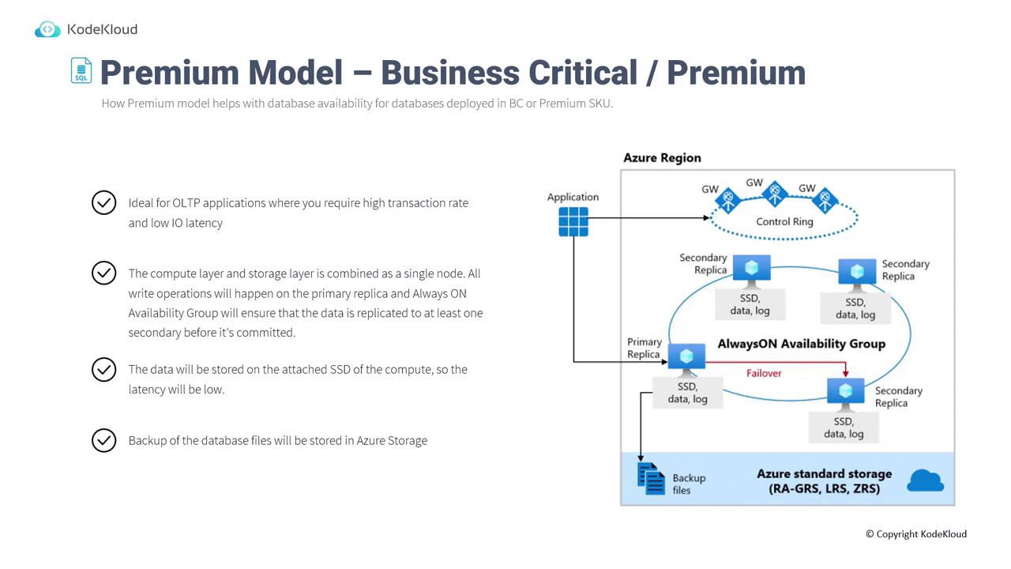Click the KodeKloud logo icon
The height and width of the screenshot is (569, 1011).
click(x=47, y=30)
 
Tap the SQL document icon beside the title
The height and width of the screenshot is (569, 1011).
click(x=81, y=70)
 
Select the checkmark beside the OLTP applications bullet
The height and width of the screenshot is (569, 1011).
click(x=103, y=203)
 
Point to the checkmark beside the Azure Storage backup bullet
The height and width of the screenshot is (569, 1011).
click(x=103, y=440)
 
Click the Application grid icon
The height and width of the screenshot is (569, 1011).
click(x=573, y=221)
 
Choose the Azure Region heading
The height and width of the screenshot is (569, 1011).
click(x=662, y=157)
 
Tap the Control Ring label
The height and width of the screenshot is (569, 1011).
click(x=784, y=221)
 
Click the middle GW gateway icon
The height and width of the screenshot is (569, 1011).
click(x=775, y=193)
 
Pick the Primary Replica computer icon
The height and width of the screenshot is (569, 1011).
click(x=686, y=358)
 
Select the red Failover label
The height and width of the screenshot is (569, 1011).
click(x=764, y=373)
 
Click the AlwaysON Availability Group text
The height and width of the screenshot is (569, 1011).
click(x=801, y=344)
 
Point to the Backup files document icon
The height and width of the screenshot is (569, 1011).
click(x=652, y=479)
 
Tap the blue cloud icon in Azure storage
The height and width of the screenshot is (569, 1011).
click(x=926, y=480)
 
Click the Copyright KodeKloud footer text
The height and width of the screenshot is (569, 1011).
click(x=915, y=534)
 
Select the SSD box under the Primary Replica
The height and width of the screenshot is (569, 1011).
click(x=687, y=393)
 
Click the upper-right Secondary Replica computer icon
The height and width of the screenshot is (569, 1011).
click(x=857, y=273)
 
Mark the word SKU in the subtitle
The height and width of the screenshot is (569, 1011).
click(x=599, y=104)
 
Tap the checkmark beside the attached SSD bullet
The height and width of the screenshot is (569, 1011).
click(x=103, y=369)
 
